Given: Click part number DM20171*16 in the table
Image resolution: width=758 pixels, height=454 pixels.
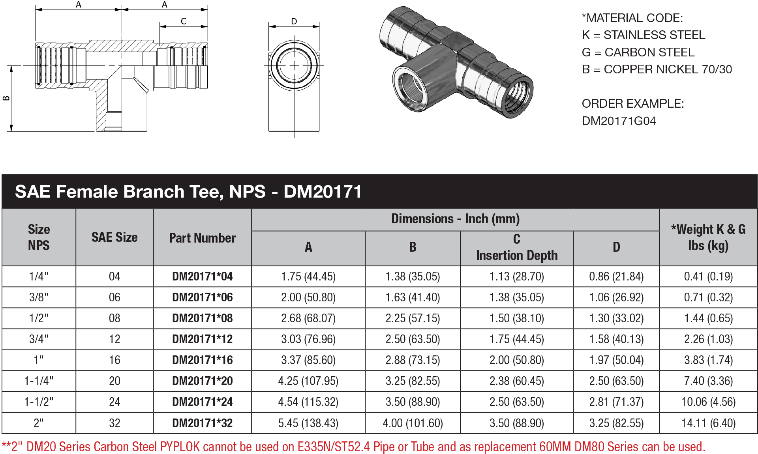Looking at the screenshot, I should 202,360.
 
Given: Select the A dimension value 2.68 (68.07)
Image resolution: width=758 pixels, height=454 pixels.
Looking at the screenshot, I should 308,318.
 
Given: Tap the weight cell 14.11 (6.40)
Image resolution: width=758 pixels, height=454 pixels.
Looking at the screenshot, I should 708,423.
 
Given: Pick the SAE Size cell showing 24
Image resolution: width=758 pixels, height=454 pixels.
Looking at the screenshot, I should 114,402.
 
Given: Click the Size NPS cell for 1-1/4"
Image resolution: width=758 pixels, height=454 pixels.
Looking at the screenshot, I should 39,381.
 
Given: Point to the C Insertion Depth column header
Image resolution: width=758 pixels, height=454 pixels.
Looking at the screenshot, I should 516,248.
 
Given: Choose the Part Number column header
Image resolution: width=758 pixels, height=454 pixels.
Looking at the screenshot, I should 202,238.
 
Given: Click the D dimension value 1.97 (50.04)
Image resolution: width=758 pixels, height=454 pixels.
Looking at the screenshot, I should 616,360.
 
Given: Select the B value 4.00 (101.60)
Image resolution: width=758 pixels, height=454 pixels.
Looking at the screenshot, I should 413,423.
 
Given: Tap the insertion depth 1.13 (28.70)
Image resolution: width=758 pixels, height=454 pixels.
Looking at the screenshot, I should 516,277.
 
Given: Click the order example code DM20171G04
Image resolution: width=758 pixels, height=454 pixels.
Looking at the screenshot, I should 619,121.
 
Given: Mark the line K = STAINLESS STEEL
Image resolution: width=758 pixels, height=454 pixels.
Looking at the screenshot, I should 643,35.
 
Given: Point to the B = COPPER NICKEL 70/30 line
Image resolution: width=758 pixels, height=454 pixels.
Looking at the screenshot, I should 657,69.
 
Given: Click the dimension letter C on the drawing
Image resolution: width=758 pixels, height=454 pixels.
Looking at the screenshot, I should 184,21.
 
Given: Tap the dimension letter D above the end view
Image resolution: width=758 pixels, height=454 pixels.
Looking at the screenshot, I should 294,21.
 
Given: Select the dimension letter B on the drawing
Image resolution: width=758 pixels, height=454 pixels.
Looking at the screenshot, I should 6,98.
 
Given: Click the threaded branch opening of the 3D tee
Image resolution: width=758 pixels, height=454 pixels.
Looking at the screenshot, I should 411,88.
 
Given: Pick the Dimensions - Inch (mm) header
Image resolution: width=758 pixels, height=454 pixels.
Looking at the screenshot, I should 455,219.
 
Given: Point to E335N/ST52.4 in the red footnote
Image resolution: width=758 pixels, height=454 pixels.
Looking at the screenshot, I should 334,447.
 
